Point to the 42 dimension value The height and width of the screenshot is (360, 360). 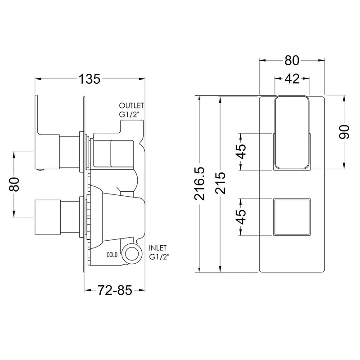point(292,79)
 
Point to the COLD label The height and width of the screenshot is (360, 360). point(112,255)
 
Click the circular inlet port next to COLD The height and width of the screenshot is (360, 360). point(132,254)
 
